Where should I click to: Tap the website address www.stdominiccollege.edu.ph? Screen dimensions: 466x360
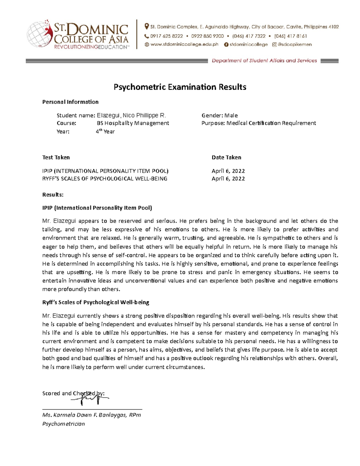[184, 44]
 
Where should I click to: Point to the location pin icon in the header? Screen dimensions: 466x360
[146, 27]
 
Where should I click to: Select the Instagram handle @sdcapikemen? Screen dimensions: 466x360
[295, 44]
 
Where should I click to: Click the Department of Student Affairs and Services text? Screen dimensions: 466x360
[264, 61]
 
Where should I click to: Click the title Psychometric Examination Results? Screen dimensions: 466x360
[180, 87]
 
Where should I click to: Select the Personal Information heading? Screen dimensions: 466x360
[70, 102]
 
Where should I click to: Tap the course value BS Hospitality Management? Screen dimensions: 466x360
[133, 123]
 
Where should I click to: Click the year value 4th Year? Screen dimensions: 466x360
[105, 131]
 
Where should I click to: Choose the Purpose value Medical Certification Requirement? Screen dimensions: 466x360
[271, 123]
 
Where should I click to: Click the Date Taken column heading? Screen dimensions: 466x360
[226, 157]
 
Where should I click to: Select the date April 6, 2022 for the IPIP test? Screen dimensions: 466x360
[228, 171]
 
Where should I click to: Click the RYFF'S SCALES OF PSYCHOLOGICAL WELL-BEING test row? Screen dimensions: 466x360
[105, 179]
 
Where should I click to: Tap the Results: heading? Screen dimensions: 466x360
[53, 194]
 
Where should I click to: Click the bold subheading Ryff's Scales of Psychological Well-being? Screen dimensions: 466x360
[96, 302]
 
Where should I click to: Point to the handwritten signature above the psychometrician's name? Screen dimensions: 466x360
[90, 398]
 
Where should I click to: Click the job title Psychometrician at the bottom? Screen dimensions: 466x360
[64, 424]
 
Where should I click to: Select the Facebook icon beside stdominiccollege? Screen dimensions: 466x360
[226, 44]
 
